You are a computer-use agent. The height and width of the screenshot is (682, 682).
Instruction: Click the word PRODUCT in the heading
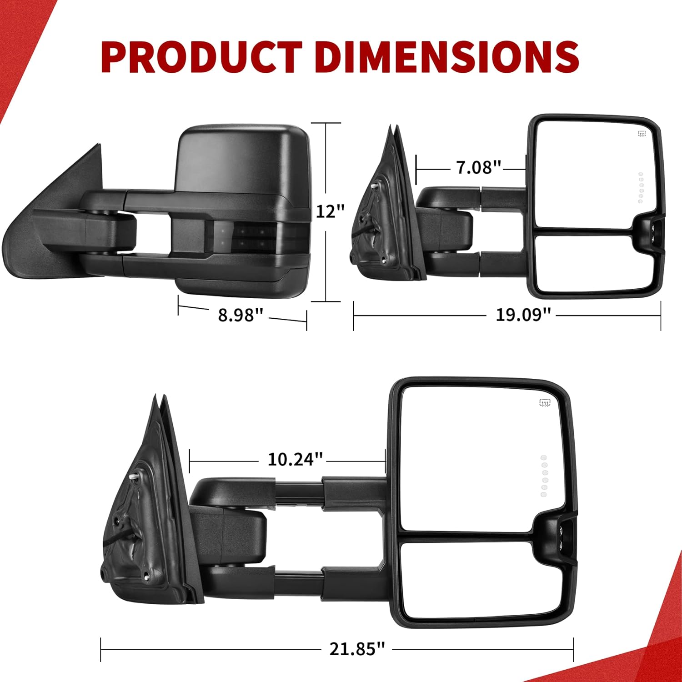[x=201, y=57]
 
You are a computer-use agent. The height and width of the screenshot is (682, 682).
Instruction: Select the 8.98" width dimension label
[x=241, y=315]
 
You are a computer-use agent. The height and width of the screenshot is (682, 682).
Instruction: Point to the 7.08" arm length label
[x=478, y=167]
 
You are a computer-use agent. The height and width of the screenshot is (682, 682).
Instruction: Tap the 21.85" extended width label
[x=357, y=649]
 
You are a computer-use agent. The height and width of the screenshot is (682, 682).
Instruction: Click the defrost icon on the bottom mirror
[x=545, y=402]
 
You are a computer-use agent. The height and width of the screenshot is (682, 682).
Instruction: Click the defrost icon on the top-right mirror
[x=642, y=134]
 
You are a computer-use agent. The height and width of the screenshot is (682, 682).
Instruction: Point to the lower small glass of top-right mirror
[x=591, y=264]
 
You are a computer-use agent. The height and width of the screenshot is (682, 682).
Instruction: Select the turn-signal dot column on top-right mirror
[x=641, y=187]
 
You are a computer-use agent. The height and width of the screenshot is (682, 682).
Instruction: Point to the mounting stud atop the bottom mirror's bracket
[x=134, y=476]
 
